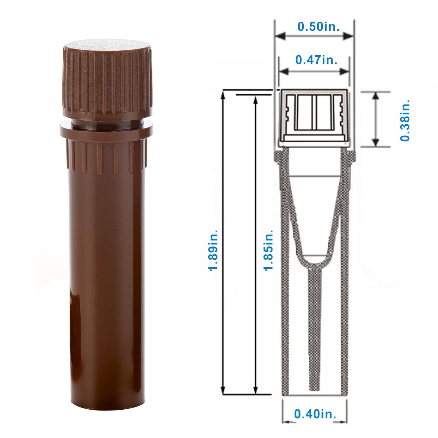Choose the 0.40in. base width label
click(x=315, y=414)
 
